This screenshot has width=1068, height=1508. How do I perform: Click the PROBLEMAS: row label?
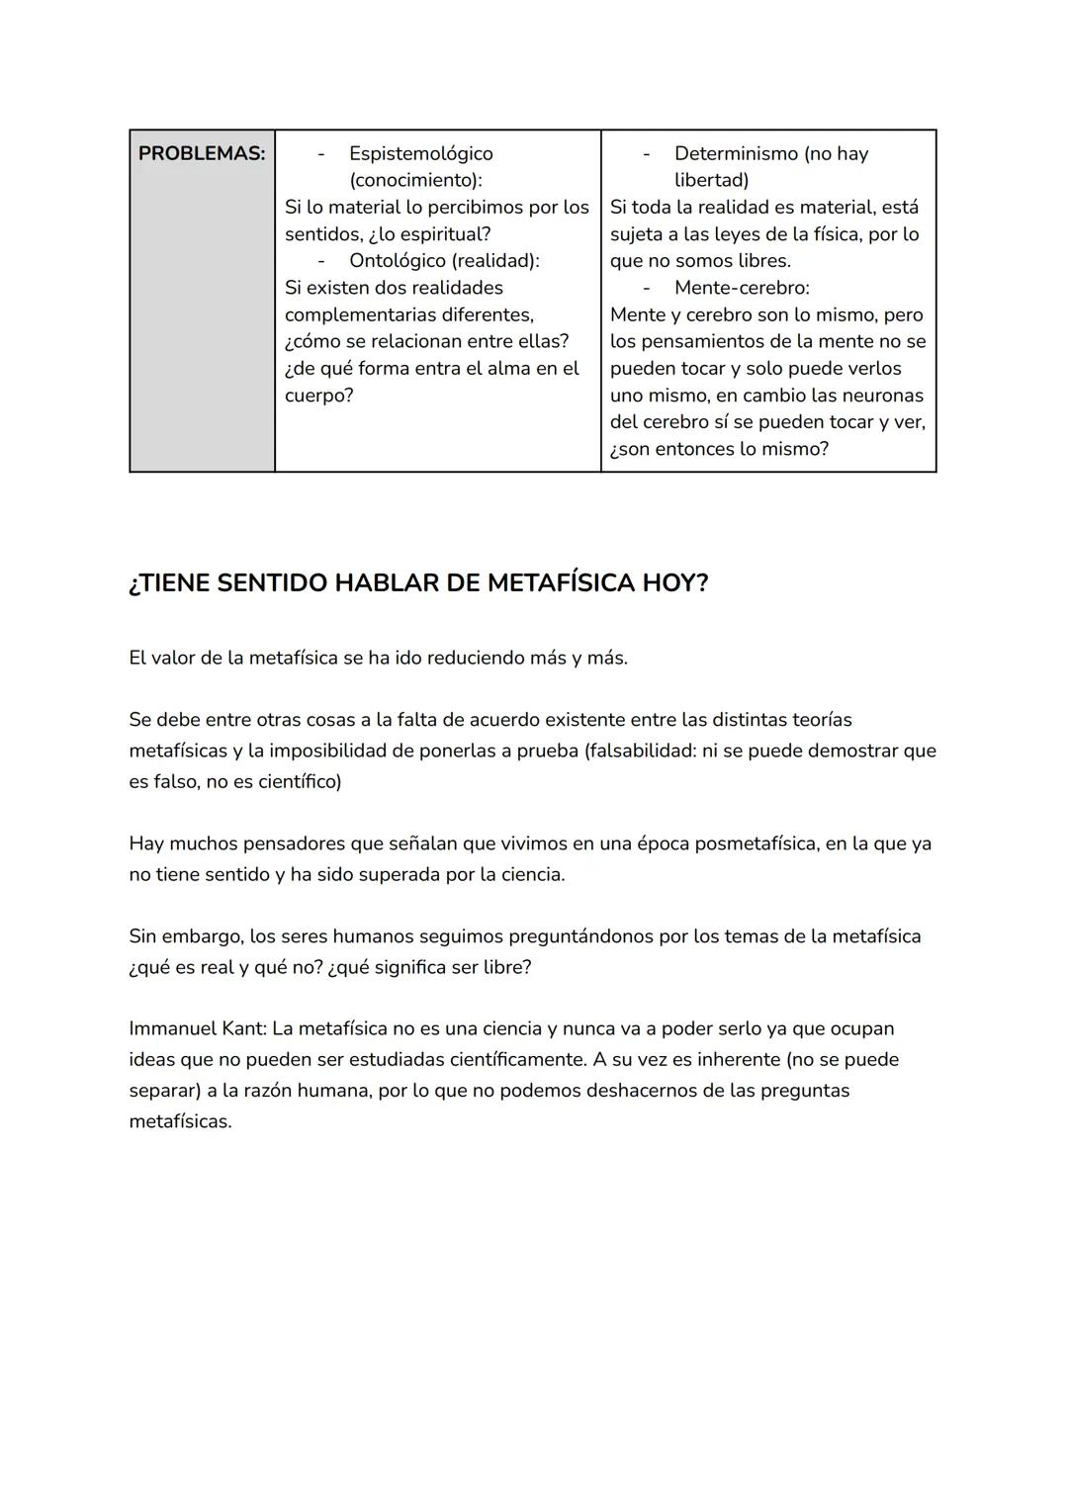pyautogui.click(x=202, y=153)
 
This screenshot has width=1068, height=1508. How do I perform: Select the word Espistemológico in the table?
pyautogui.click(x=420, y=153)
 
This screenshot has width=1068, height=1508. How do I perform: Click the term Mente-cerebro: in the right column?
pyautogui.click(x=742, y=288)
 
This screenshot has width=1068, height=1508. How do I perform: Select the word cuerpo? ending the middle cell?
pyautogui.click(x=318, y=396)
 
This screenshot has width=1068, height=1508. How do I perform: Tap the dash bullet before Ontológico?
pyautogui.click(x=320, y=260)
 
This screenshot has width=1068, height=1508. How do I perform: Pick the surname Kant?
pyautogui.click(x=243, y=1028)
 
